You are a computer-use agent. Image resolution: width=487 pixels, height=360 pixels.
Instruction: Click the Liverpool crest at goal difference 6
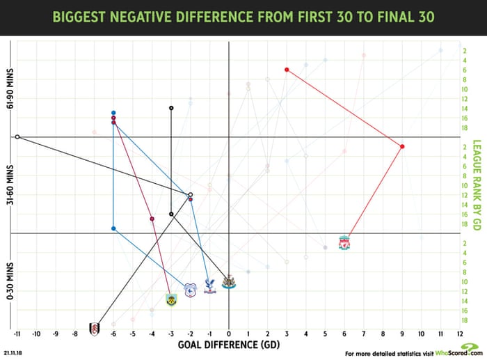point(344,243)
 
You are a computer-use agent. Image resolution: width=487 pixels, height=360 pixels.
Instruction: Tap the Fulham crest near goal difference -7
point(94,329)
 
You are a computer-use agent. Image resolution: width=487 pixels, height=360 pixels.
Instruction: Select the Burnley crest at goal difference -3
point(171,300)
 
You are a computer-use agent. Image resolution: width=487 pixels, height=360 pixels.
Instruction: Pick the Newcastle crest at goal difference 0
point(229,282)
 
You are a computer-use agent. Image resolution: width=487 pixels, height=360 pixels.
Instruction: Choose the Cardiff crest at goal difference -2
point(189,290)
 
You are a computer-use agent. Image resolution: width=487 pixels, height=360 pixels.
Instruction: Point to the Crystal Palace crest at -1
point(209,285)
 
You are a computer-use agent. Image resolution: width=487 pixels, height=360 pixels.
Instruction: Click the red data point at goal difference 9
point(402,146)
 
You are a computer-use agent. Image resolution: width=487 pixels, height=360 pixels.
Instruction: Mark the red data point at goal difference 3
point(287,70)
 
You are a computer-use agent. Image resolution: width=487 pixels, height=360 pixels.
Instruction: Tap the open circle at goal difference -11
point(17,137)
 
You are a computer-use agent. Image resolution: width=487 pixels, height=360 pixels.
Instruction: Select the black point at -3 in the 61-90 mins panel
point(171,108)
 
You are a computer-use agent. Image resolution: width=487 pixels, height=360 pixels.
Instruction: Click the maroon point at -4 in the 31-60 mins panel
point(152,219)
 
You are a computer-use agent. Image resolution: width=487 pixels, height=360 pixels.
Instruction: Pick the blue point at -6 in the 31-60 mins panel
point(113,228)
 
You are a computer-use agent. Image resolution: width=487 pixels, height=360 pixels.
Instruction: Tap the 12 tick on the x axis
point(459,334)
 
